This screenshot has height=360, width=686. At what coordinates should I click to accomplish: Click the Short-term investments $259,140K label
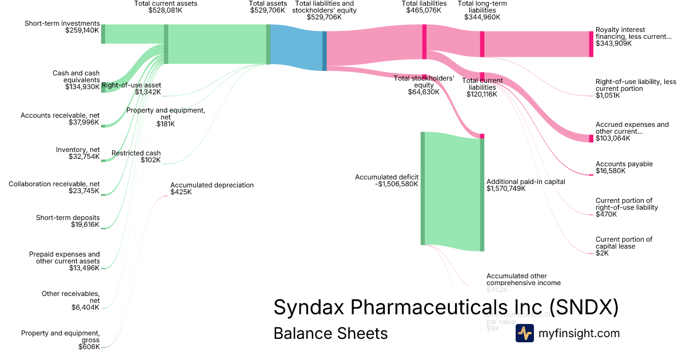tap(62, 27)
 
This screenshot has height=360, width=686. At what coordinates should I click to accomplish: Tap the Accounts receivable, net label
tap(60, 119)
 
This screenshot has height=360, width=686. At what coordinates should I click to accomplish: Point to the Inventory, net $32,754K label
tap(78, 153)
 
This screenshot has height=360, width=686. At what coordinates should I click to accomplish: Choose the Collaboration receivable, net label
tap(54, 187)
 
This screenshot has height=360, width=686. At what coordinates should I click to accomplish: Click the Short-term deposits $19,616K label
tap(67, 221)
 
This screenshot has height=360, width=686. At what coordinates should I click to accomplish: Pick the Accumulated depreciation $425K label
tap(212, 189)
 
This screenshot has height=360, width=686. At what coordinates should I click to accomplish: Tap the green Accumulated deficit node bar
tap(423, 188)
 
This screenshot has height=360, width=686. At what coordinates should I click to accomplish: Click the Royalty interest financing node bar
tap(591, 44)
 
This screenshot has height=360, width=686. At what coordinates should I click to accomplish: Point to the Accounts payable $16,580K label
tap(624, 167)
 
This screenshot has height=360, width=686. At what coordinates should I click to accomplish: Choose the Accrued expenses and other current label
tap(632, 131)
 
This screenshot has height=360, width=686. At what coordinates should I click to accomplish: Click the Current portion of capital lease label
tap(624, 246)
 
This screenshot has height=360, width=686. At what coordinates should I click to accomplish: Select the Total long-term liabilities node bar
tap(482, 44)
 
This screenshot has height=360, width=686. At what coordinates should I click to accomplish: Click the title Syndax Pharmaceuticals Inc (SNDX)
tap(446, 307)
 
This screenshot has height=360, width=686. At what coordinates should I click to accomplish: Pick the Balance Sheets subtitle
tap(330, 333)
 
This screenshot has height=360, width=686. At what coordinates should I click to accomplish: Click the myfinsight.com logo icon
tap(524, 333)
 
